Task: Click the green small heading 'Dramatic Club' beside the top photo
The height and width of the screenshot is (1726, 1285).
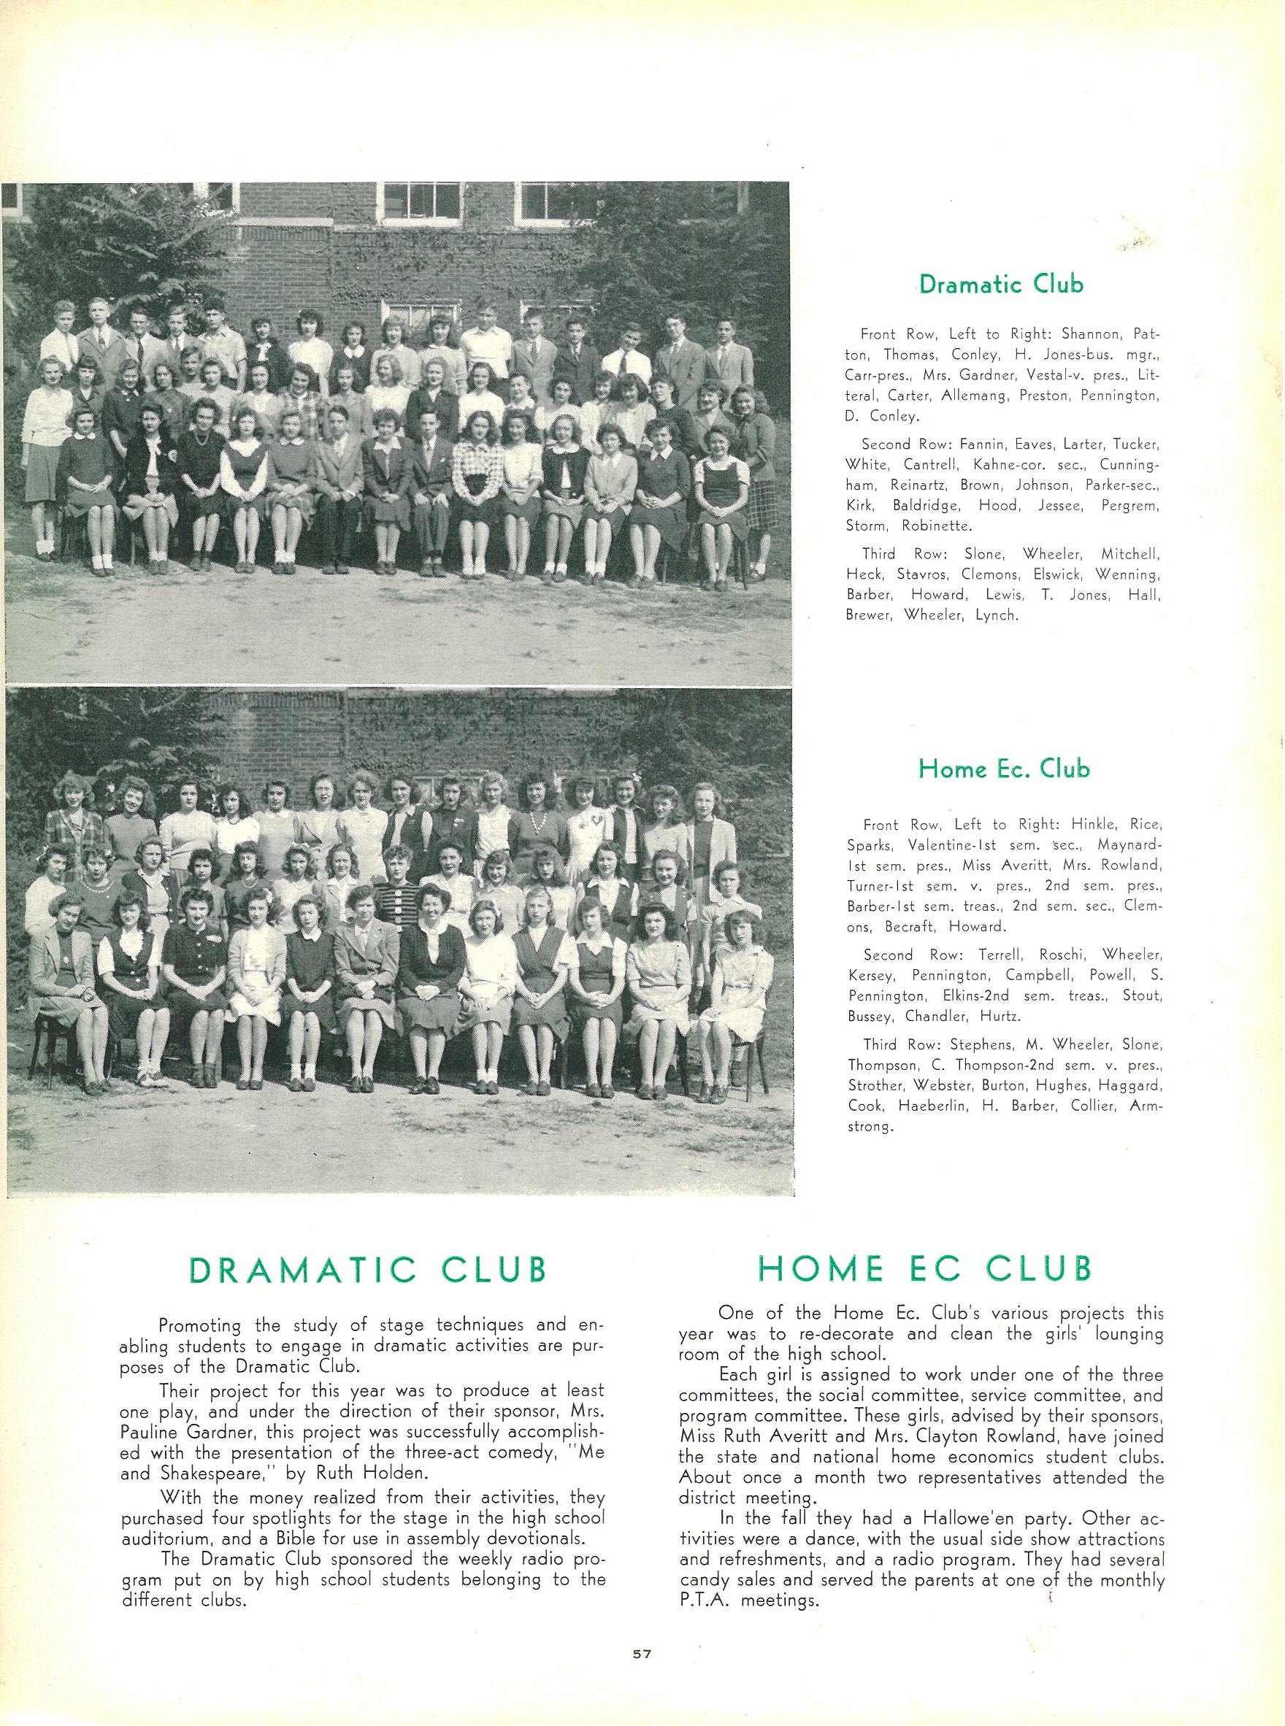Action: (x=1000, y=285)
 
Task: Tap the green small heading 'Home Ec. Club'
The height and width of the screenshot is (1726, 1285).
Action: (x=1003, y=770)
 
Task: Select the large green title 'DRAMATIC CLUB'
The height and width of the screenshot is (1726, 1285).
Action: (x=369, y=1270)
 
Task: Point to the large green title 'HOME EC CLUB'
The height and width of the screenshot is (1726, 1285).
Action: (x=925, y=1269)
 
